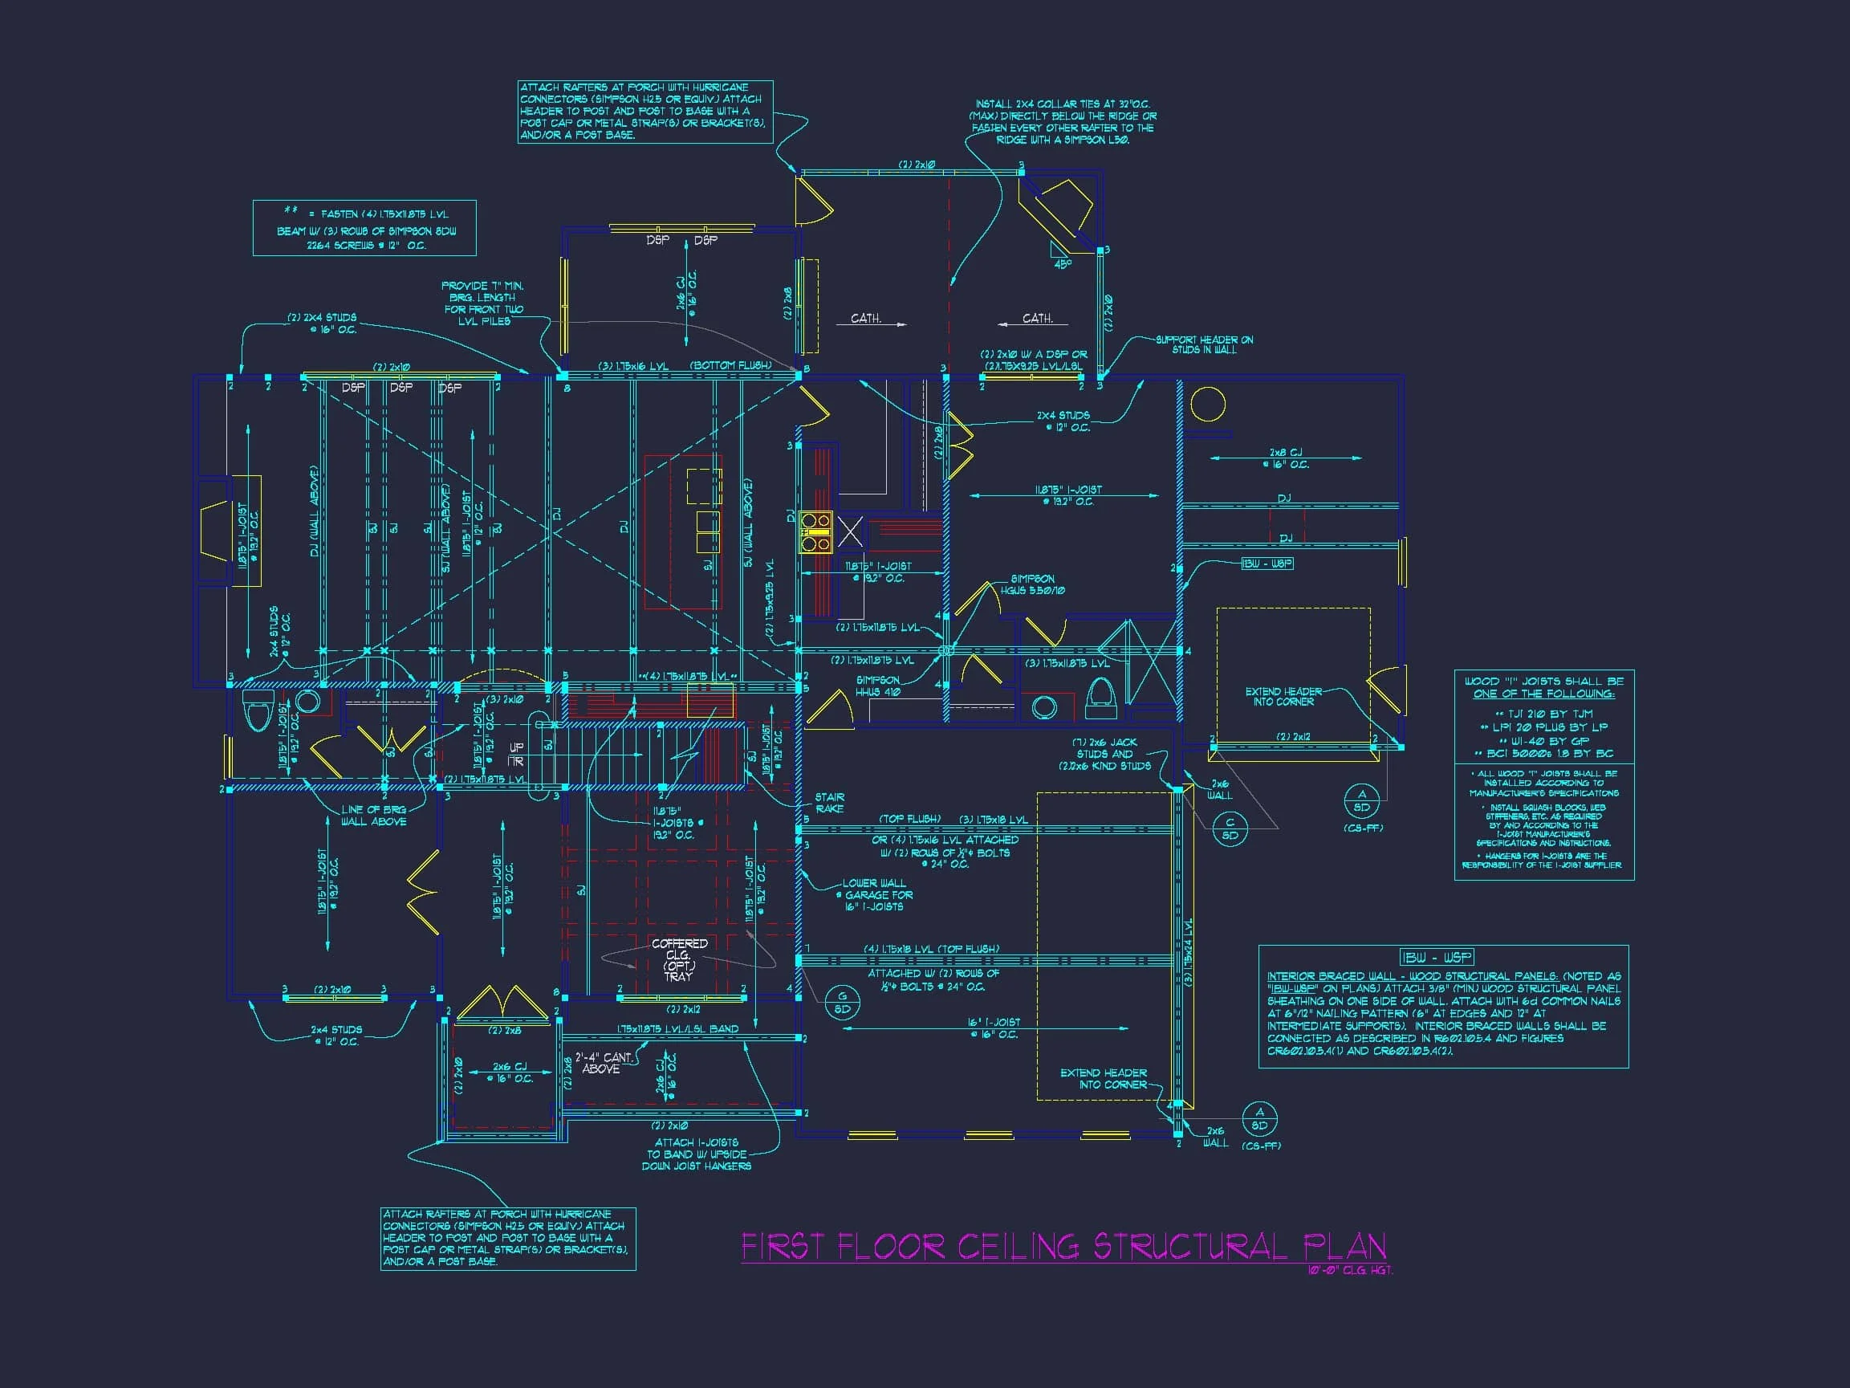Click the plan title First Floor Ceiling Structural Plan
[x=1063, y=1248]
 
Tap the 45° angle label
[x=1061, y=264]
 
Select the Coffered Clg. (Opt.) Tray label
[x=679, y=959]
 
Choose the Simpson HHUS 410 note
[x=877, y=686]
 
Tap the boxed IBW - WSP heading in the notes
[x=1437, y=957]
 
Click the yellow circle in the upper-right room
[x=1208, y=405]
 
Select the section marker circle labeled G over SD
[x=842, y=1003]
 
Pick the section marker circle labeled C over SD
[x=1230, y=829]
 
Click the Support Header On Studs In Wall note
[x=1204, y=344]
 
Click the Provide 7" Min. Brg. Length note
[x=483, y=303]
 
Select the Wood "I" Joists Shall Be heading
[x=1544, y=687]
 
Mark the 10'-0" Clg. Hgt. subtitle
[x=1350, y=1270]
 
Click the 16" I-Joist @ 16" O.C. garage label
[x=994, y=1028]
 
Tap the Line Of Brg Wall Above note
[x=373, y=816]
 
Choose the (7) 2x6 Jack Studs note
[x=1105, y=754]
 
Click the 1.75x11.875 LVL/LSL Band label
[x=677, y=1029]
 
